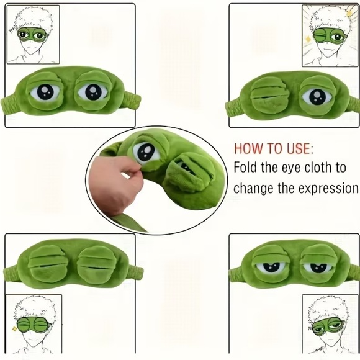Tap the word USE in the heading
(298, 149)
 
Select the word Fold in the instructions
(246, 168)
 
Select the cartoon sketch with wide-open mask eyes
(33, 34)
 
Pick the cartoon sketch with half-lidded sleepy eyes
(326, 326)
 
